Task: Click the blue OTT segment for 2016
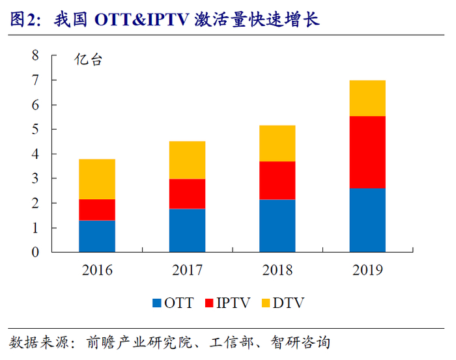click(x=97, y=236)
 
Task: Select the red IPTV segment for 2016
click(x=97, y=210)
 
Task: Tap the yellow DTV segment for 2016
click(x=97, y=179)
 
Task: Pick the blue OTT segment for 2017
click(x=187, y=230)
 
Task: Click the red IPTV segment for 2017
click(x=187, y=193)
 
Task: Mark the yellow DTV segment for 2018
click(x=277, y=143)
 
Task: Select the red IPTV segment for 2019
click(x=367, y=152)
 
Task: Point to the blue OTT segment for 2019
click(x=367, y=220)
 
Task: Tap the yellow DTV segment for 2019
click(x=367, y=98)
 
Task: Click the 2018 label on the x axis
click(x=277, y=270)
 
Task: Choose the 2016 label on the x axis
click(x=97, y=270)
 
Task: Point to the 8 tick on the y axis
click(x=36, y=55)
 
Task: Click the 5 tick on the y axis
click(x=36, y=129)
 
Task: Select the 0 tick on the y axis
click(x=36, y=252)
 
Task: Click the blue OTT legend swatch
click(x=157, y=303)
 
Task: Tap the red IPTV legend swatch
click(x=209, y=303)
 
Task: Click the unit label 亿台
click(x=88, y=62)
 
